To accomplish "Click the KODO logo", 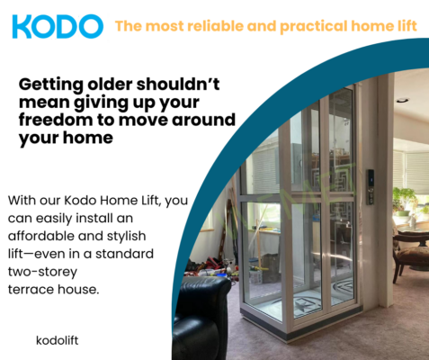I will click(57, 25).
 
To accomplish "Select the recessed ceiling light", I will click(402, 100).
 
